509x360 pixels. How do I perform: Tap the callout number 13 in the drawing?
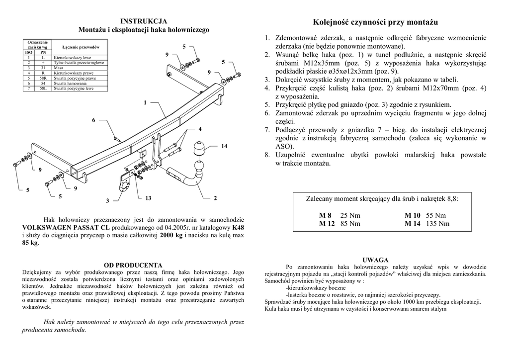click(148, 198)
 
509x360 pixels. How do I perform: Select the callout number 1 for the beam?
click(145, 103)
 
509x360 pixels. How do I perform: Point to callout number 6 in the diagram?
click(93, 120)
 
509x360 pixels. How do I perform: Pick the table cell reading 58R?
click(43, 79)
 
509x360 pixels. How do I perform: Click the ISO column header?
click(29, 52)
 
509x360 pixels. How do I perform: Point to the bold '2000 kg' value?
click(171, 235)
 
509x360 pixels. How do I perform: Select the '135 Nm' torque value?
click(438, 224)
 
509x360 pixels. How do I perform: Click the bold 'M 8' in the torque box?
click(325, 215)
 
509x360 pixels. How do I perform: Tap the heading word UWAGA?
click(375, 260)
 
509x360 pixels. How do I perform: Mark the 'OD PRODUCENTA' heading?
click(133, 265)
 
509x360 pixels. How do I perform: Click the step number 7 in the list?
click(267, 130)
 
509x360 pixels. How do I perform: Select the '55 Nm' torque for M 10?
click(436, 215)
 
